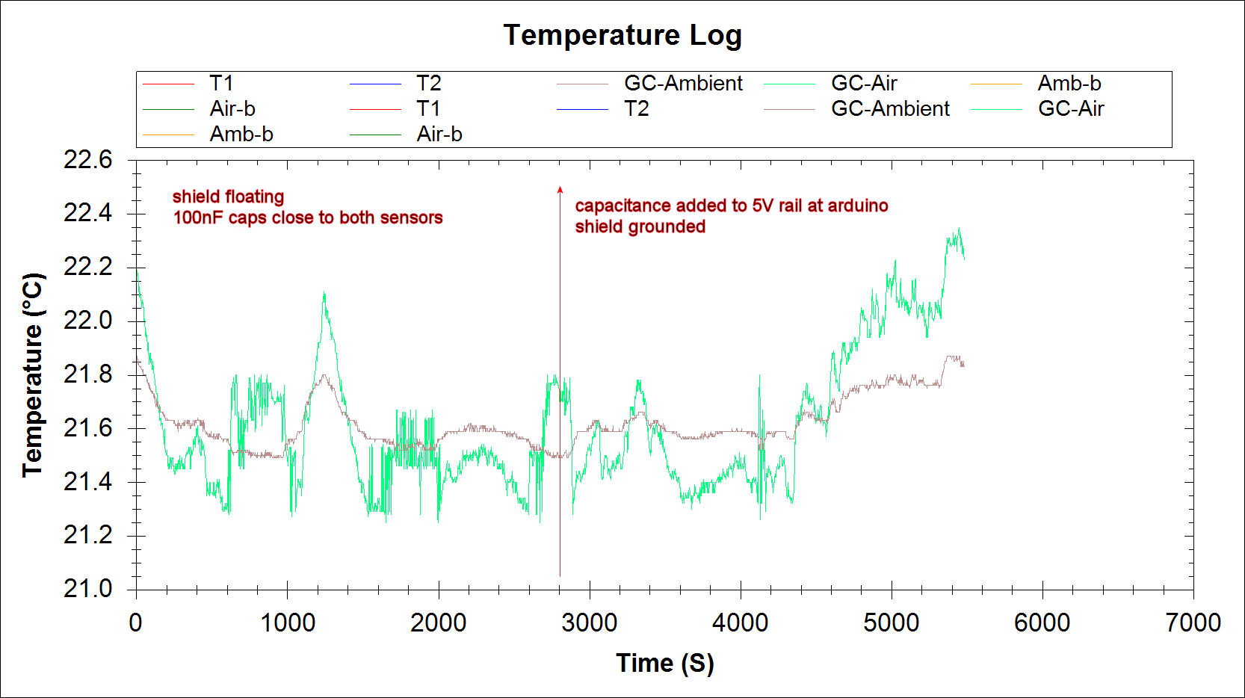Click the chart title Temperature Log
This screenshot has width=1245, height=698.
(622, 35)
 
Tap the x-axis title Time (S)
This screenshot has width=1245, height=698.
(664, 663)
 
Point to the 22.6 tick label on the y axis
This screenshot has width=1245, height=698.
(87, 160)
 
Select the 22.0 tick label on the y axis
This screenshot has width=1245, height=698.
(87, 321)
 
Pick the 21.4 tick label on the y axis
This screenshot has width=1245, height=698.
(87, 482)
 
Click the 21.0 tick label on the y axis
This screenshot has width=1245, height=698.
(87, 589)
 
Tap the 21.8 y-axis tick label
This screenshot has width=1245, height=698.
(87, 374)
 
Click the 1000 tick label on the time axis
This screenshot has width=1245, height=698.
(287, 623)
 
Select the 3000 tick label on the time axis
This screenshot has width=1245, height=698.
(589, 623)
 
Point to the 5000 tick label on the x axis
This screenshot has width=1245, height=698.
(891, 623)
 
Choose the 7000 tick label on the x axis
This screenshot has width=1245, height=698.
(1193, 623)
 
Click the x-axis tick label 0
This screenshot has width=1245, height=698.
(135, 623)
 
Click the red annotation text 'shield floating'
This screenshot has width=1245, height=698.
(228, 197)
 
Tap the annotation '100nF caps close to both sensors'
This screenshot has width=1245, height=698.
(308, 217)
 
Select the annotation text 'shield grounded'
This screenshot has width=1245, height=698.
(640, 226)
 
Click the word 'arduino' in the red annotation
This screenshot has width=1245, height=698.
(857, 206)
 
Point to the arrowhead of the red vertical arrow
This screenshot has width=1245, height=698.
(560, 190)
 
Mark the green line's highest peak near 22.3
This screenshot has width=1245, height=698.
(958, 229)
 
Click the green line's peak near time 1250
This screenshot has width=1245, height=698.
(324, 294)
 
